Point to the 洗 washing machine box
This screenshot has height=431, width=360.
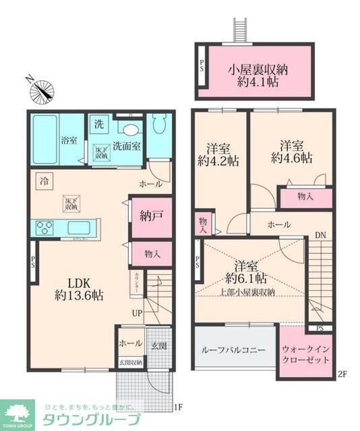[99, 124]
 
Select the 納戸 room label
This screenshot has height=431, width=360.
[150, 217]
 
